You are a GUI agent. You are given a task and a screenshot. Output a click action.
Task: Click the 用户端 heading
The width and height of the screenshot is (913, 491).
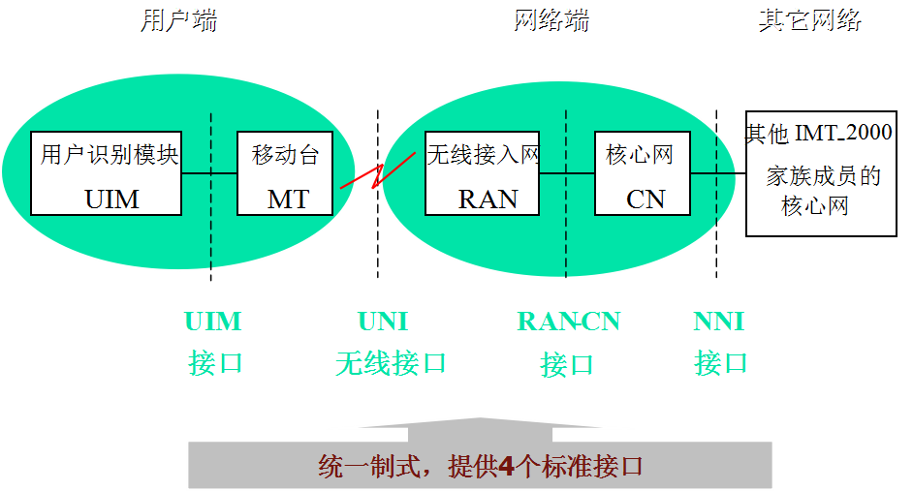178,20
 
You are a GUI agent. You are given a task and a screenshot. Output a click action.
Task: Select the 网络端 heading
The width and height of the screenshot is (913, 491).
551,20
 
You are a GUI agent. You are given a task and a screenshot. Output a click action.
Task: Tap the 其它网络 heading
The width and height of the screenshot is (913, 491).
810,20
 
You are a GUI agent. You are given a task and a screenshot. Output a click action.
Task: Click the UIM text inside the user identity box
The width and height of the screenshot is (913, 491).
112,199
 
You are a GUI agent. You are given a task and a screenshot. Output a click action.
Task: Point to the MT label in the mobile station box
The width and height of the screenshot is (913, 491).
288,199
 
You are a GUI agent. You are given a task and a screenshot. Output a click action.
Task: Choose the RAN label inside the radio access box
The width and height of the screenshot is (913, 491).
488,199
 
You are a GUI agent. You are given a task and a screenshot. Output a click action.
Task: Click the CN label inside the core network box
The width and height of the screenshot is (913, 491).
645,199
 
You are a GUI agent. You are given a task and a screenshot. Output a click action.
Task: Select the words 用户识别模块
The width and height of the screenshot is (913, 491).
110,155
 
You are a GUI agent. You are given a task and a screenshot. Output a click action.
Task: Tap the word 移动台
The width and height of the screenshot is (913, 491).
286,155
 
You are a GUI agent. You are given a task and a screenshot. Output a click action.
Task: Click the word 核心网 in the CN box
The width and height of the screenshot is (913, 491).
640,155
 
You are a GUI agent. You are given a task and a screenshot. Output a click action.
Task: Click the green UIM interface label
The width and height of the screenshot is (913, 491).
213,322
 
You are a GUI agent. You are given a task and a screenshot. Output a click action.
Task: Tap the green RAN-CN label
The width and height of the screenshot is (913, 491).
568,322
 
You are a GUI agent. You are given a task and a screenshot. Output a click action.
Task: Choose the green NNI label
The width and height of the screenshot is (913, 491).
718,322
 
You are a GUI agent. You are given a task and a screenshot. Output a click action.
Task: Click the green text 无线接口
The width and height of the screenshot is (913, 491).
391,364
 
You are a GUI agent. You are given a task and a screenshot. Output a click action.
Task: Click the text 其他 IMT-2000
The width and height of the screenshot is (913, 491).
818,134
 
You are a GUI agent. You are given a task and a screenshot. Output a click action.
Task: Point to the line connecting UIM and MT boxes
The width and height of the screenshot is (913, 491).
209,173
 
